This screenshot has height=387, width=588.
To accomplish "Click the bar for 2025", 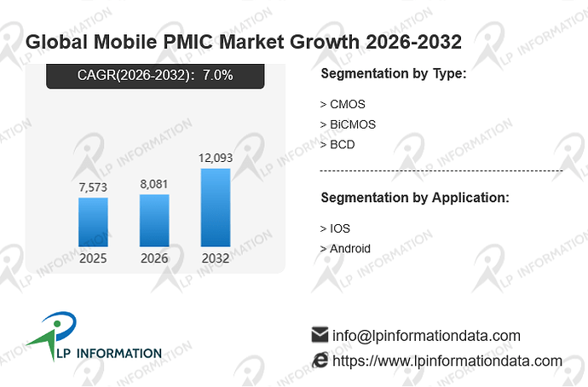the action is (93, 222).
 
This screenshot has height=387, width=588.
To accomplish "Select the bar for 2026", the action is (154, 221).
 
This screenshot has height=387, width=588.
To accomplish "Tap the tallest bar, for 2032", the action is (216, 207).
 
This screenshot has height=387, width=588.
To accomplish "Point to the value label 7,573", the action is (93, 188).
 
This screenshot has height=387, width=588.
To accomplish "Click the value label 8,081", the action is (154, 184).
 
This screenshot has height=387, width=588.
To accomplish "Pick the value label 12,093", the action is (216, 158).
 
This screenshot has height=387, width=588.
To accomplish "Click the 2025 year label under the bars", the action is (93, 258).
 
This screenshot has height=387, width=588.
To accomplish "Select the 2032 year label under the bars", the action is (216, 258).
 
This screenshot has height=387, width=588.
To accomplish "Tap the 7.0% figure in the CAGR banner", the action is (218, 75).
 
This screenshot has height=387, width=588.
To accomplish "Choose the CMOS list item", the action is (343, 104).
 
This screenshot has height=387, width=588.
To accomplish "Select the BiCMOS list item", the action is (348, 124).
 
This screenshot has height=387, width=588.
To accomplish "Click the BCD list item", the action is (337, 145).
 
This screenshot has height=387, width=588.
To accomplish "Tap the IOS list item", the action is (335, 228).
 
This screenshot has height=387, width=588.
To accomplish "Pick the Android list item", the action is (345, 249).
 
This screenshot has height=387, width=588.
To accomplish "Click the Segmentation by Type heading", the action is (394, 73).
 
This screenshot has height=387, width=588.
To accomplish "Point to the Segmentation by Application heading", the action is (415, 198).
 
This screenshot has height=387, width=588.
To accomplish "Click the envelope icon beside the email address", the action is (320, 335).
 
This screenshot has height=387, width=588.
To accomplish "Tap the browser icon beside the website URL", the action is (320, 360).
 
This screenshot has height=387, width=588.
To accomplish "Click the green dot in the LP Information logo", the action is (57, 323).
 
